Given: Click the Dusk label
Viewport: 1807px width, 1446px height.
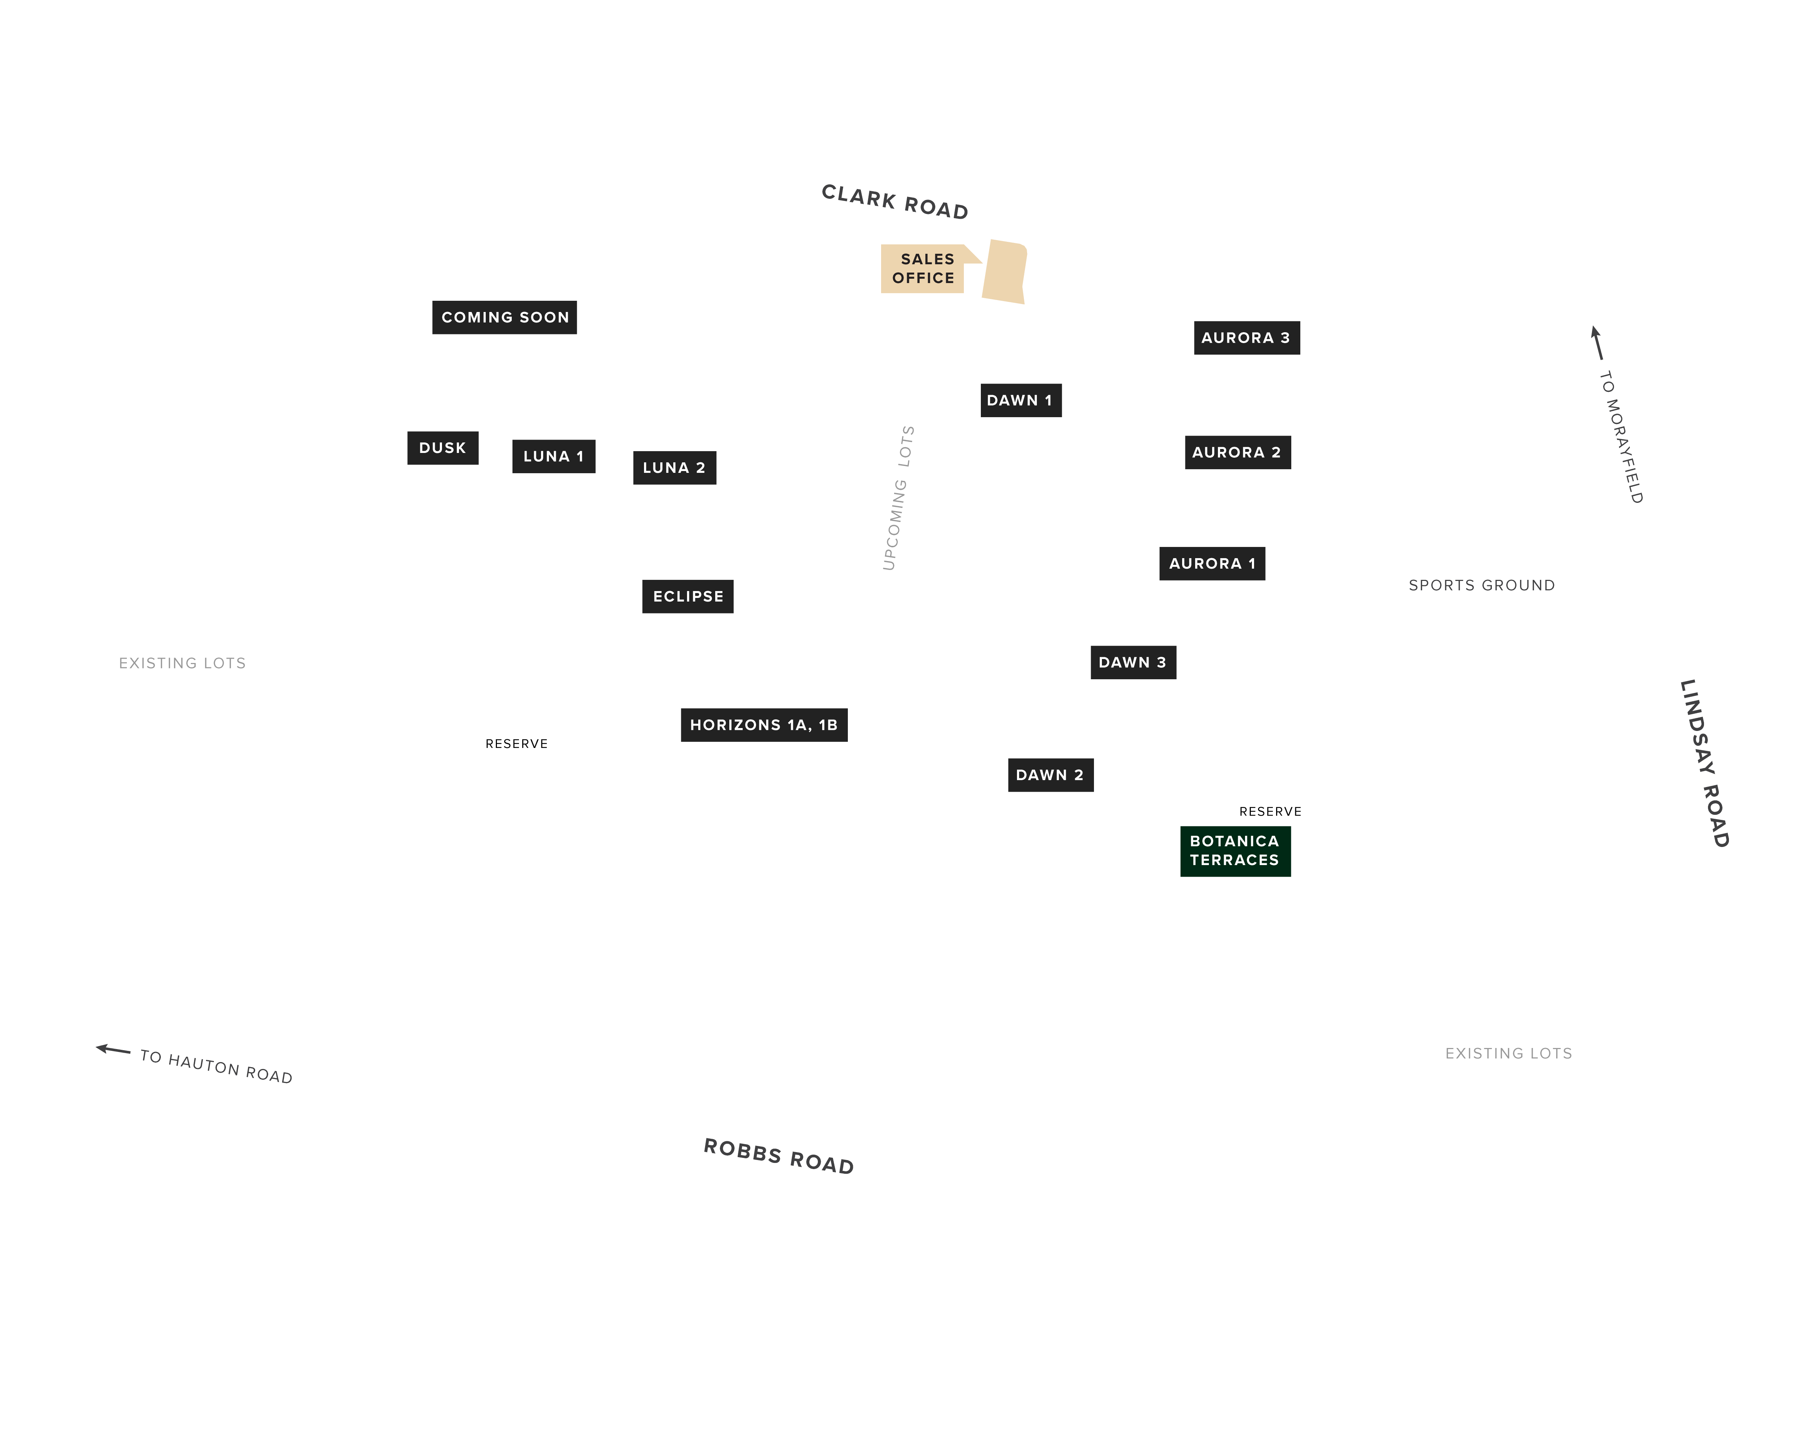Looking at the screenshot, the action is pos(442,448).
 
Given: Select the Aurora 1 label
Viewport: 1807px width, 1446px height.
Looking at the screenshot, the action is pos(1212,563).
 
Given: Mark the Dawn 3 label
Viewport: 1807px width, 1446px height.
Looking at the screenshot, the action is pos(1133,662).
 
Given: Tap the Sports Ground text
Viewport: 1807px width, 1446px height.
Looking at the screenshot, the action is pos(1482,585).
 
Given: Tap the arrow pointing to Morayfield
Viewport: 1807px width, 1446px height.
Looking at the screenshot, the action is pos(1597,343).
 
